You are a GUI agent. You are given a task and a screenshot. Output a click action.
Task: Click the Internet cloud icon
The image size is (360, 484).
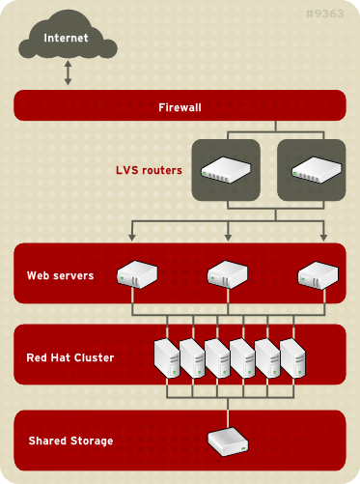point(67,41)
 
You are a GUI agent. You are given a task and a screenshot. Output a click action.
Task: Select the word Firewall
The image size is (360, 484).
point(180,105)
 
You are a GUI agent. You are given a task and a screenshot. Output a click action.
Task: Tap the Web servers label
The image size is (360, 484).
point(60,275)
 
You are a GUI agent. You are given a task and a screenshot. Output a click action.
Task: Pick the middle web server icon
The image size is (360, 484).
point(228,274)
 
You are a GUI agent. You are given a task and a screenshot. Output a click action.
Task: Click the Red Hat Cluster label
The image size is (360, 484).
point(69,357)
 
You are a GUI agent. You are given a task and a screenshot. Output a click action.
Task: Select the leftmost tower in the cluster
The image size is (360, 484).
point(168,356)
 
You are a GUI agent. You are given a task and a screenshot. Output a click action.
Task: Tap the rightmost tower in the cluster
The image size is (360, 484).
point(292,356)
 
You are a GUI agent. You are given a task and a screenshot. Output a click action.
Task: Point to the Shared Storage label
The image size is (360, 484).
point(69,441)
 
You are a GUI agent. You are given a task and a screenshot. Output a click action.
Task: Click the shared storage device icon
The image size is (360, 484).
point(228,441)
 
